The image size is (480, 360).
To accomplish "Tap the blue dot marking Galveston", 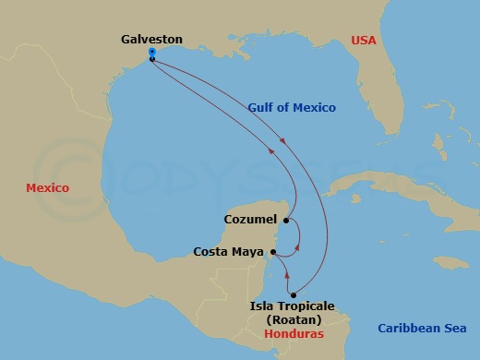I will pos(150,53).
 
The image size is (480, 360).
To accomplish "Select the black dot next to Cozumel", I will pos(287,221).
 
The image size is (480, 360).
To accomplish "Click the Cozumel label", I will pos(251,220).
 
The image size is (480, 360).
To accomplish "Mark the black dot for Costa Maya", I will pos(273,251).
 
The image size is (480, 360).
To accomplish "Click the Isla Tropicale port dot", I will pos(293,294).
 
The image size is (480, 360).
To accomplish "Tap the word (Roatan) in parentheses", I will pos(292,319).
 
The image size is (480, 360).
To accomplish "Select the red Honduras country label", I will pos(294,333).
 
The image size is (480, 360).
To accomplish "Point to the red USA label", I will pos(366,40).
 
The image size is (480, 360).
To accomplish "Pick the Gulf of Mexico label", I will pos(292,108).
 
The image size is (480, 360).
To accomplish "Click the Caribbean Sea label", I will pos(422,329).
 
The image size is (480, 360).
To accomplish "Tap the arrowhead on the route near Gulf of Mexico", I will pos(281,141).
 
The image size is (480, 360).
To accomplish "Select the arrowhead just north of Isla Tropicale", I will pos(288,275).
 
